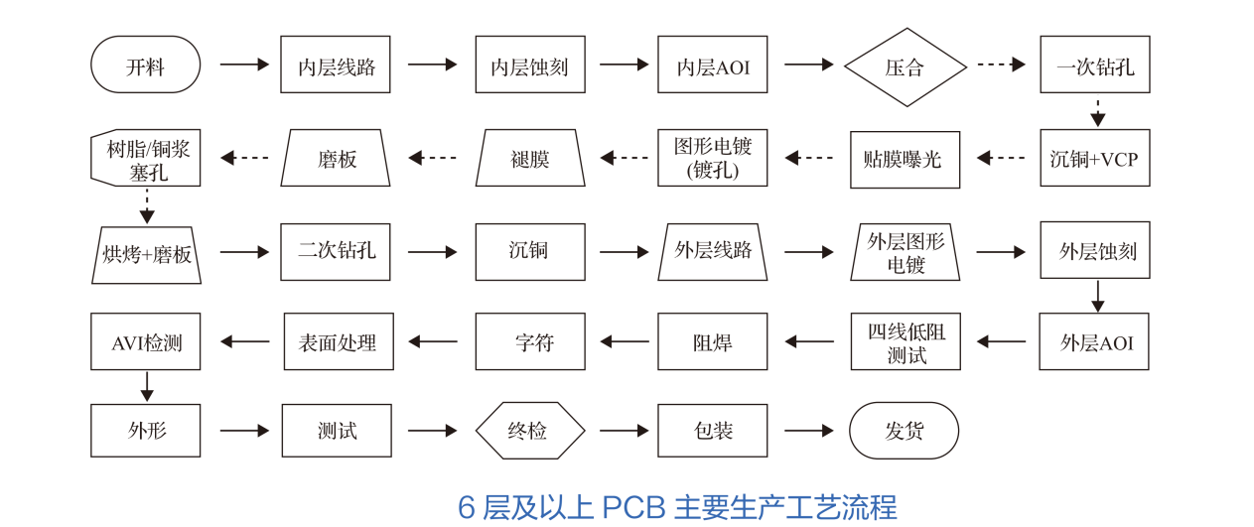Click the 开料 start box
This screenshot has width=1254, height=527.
click(145, 66)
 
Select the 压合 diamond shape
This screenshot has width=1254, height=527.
click(905, 66)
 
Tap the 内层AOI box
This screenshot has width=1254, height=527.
click(712, 66)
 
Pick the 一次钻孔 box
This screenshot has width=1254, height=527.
click(1094, 66)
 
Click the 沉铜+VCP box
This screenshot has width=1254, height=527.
click(1094, 159)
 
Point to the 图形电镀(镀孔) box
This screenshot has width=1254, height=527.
click(712, 159)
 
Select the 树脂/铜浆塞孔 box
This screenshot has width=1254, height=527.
click(145, 159)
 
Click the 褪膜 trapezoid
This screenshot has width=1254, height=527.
click(529, 159)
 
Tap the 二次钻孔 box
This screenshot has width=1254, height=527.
click(337, 250)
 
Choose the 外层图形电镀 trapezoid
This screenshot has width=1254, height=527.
click(905, 252)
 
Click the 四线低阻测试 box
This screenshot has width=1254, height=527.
click(905, 342)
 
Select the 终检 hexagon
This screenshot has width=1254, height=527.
click(529, 431)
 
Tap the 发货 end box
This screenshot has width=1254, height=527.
click(904, 431)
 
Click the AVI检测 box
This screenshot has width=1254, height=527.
click(145, 342)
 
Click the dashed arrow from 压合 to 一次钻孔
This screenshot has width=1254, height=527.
click(1001, 65)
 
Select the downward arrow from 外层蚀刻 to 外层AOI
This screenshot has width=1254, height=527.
click(1097, 296)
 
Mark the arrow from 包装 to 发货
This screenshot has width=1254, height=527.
click(809, 431)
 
